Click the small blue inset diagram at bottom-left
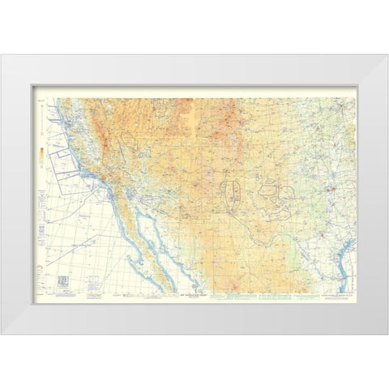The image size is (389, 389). (x=62, y=279)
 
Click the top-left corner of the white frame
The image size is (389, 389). (x=2, y=54)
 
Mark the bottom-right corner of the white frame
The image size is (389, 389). (x=387, y=335)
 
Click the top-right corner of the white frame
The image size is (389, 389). (x=387, y=54)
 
